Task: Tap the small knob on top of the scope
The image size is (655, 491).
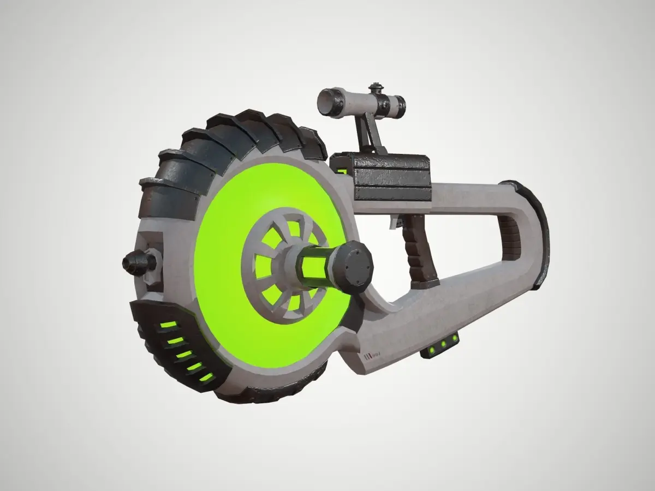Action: (374, 87)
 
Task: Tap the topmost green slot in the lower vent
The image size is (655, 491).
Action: (168, 325)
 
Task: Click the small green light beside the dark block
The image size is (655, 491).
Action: (342, 171)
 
